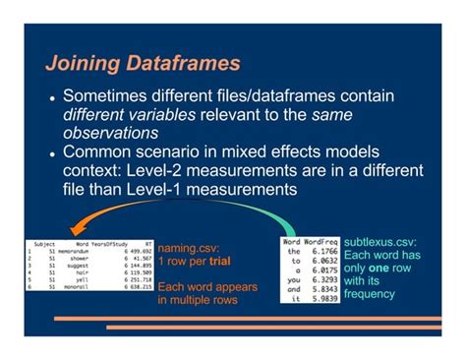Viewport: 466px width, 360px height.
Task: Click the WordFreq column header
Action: [x=320, y=240]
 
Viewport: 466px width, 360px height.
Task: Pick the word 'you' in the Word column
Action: [x=292, y=280]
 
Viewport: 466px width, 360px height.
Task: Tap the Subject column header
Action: [x=43, y=240]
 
